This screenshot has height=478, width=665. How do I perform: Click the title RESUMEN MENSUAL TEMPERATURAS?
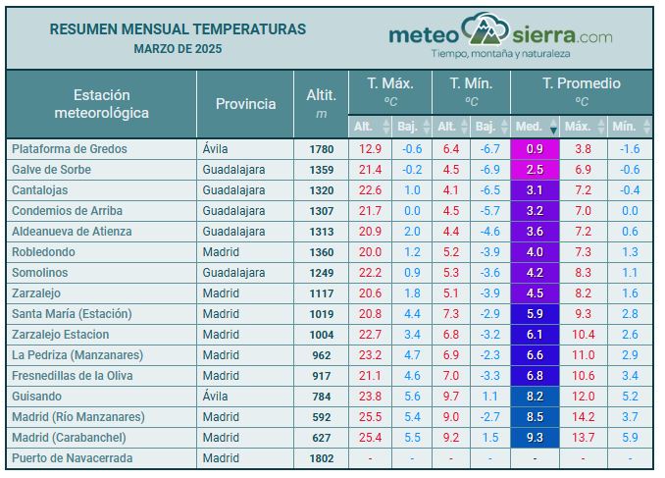click(178, 29)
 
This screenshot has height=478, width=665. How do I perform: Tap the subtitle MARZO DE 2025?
click(178, 48)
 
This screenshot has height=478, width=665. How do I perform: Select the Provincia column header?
click(245, 104)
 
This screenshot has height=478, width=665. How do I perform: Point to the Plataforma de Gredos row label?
click(70, 149)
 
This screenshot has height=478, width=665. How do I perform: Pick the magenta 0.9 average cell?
click(535, 149)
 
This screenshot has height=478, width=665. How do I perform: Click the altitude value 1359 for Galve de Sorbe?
click(321, 170)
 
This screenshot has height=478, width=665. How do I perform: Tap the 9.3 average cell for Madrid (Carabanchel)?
click(535, 438)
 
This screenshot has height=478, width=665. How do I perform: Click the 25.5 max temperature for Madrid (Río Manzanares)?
click(370, 417)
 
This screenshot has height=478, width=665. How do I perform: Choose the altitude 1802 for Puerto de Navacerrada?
click(321, 458)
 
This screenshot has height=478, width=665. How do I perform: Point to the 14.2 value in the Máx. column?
click(583, 417)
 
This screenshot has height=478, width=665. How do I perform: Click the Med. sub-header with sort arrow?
click(535, 127)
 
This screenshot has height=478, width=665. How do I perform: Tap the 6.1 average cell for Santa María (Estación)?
click(535, 314)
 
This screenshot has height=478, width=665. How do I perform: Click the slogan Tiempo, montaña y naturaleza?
click(501, 53)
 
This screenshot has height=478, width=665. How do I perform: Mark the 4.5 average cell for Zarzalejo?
click(535, 293)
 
